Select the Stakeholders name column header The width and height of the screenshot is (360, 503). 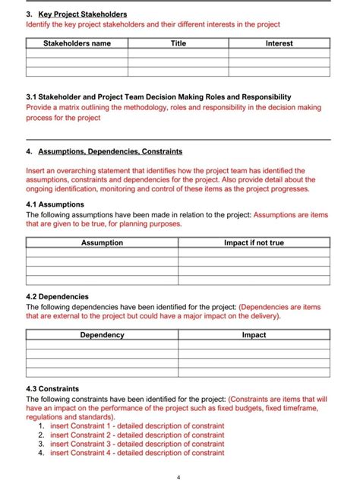coord(77,43)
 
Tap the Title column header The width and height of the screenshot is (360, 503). coord(178,43)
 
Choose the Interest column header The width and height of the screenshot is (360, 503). coord(279,43)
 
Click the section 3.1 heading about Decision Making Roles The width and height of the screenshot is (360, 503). coord(159,97)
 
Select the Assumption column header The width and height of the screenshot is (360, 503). coord(102,243)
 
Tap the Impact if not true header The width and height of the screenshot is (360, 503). coord(254,243)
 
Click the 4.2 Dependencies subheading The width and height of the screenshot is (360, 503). coord(58,296)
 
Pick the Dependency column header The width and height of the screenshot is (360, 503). coord(102,335)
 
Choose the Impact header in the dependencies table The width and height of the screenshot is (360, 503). coord(254,335)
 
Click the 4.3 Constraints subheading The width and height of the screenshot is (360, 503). coord(52,388)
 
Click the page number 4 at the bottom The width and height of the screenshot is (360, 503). coord(178,478)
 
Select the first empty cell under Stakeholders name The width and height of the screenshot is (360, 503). coord(77,53)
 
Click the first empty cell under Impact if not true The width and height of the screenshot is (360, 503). coord(254,253)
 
